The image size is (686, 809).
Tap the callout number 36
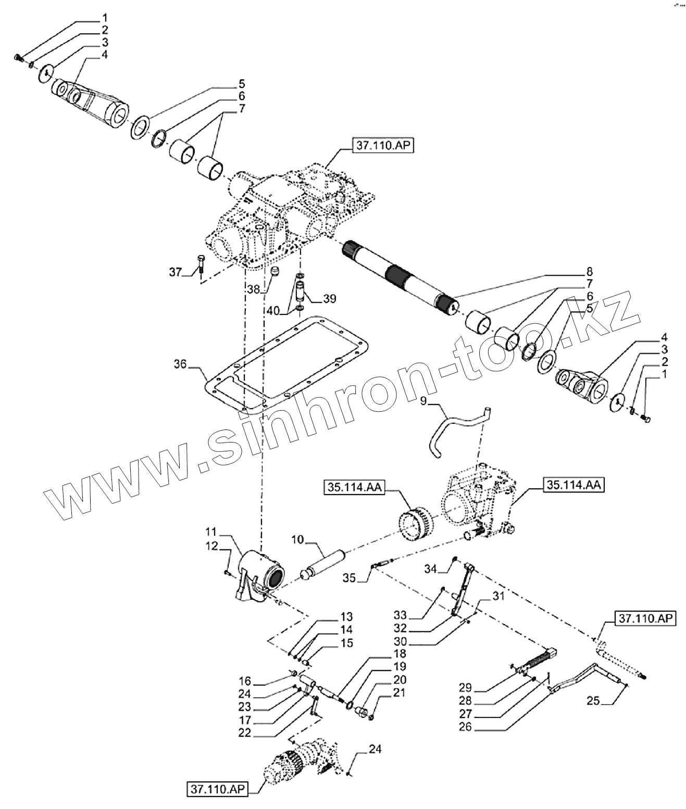pos(180,366)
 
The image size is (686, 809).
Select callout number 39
pos(329,299)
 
